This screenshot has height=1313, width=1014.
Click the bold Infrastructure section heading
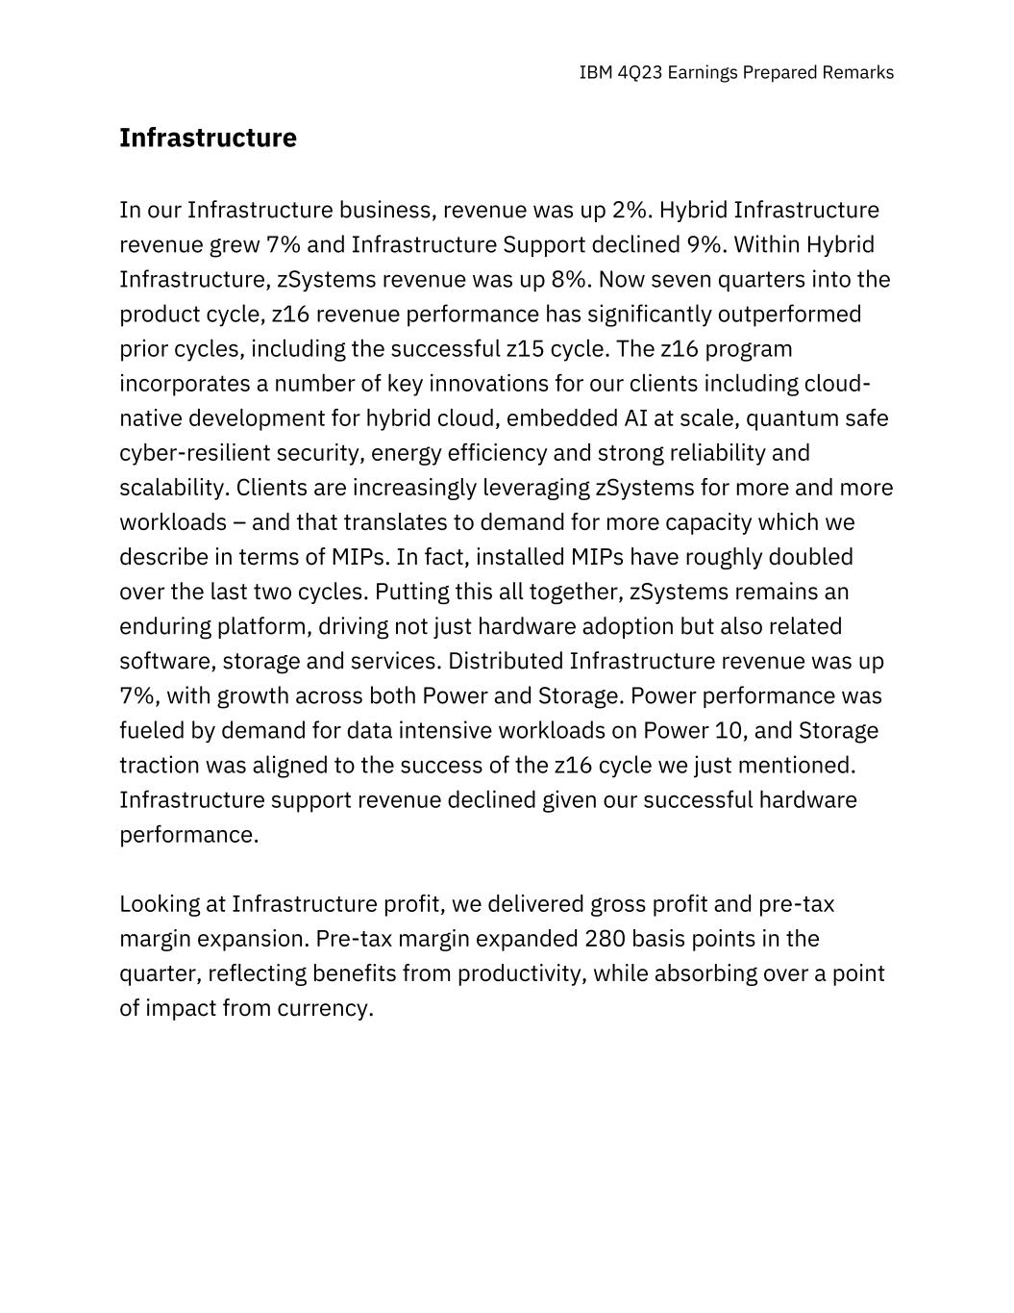tap(208, 139)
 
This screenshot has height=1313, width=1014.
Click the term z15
tap(526, 349)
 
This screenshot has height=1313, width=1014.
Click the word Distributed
tap(506, 662)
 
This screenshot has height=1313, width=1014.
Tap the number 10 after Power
tap(729, 731)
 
